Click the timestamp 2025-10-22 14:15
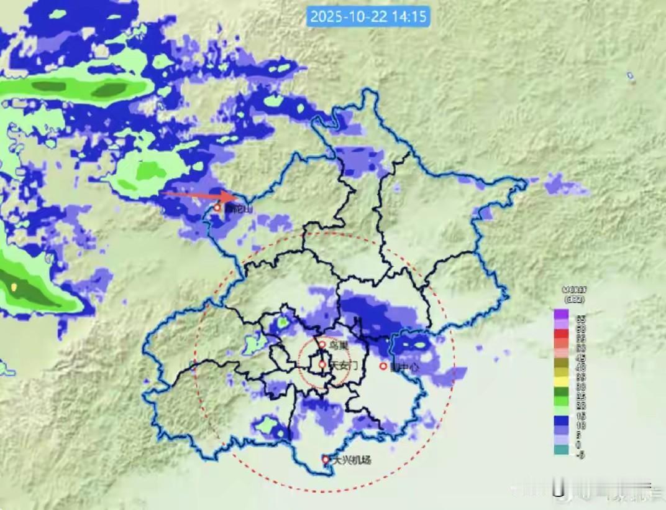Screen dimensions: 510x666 pos(368,16)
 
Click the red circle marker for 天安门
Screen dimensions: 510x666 pos(322,364)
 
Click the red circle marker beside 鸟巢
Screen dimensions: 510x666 pos(322,344)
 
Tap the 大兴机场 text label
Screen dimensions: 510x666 pos(352,460)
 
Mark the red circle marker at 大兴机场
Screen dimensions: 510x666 pos(326,460)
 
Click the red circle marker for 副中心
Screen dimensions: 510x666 pos(383,366)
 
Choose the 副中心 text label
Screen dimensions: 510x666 pos(404,367)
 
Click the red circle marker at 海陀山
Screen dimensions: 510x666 pos(217,208)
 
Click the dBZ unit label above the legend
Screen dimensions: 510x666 pos(575,299)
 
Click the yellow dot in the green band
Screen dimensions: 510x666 pos(14,287)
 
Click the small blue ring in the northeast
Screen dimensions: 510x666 pos(630,76)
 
